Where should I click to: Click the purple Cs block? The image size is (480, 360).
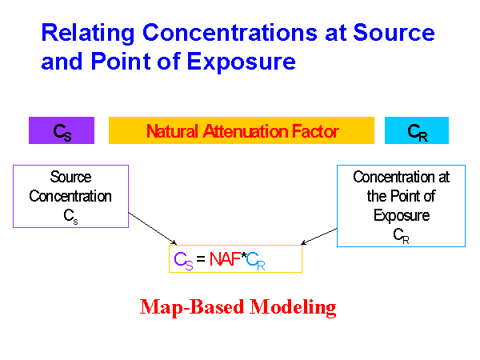[x=62, y=131]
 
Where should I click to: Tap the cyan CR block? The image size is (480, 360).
[x=417, y=131]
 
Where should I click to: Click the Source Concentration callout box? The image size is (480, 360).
[x=70, y=197]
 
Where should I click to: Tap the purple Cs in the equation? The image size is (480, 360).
[x=182, y=259]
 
